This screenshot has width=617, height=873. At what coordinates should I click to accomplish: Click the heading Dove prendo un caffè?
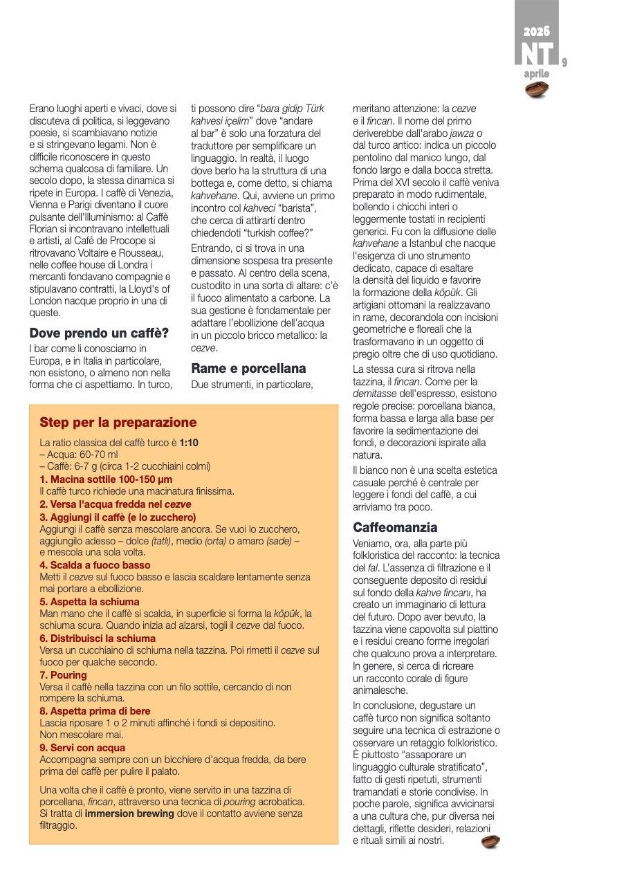(99, 333)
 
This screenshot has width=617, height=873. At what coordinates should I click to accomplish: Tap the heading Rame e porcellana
(248, 368)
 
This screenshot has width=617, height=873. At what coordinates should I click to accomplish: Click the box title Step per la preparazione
(118, 422)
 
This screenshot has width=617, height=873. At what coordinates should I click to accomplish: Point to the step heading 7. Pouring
(64, 674)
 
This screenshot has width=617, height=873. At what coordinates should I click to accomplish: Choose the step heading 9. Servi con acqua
(82, 747)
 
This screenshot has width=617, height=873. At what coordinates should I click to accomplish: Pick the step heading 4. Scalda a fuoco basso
(95, 564)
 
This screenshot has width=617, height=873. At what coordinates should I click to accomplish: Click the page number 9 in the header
(564, 62)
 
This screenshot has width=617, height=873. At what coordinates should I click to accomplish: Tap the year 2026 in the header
(537, 30)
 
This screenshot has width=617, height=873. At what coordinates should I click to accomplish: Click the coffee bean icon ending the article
(491, 841)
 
